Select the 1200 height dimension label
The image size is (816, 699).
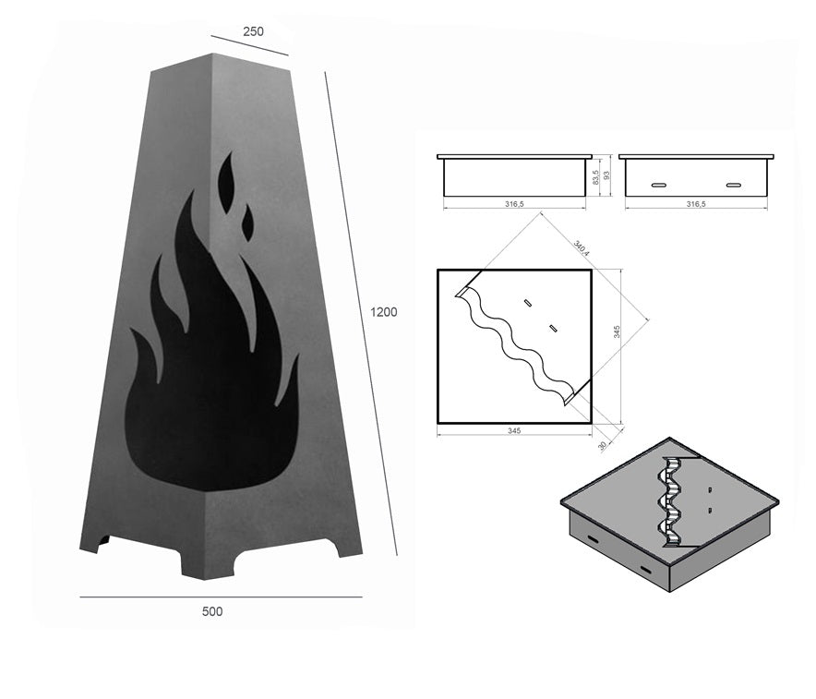tap(384, 312)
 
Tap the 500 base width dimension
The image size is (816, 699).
tap(212, 611)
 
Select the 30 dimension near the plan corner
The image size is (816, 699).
tap(603, 445)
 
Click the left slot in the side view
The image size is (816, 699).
tap(661, 186)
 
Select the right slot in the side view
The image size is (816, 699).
tap(733, 186)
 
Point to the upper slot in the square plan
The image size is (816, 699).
tap(527, 302)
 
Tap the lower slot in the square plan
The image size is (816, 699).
tap(552, 328)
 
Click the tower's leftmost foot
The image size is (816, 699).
tap(94, 544)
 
